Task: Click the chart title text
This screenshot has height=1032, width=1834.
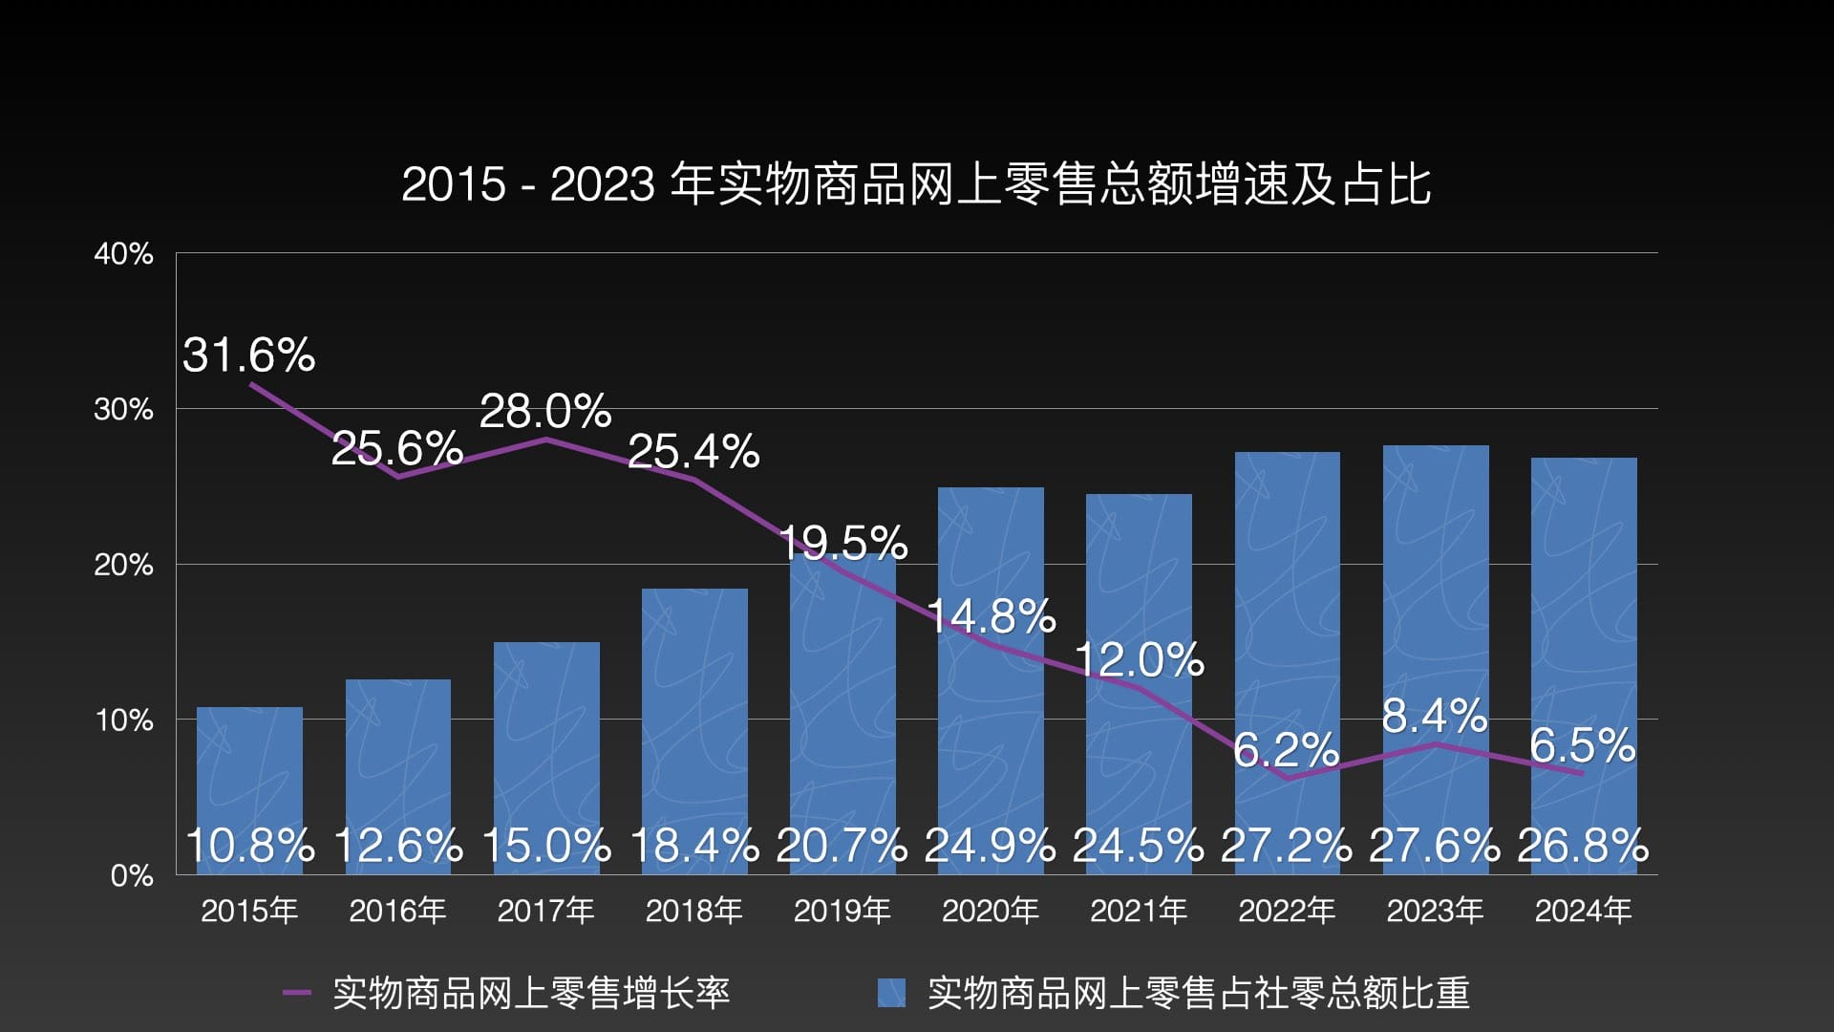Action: (916, 183)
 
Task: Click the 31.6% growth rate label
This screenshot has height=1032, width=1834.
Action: (248, 355)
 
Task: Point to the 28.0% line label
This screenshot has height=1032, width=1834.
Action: (544, 412)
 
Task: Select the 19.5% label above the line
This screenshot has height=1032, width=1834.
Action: (842, 543)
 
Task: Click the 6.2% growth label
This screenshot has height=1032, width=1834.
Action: (1286, 750)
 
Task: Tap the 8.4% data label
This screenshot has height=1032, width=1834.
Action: (1434, 716)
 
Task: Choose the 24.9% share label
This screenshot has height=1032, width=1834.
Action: (990, 846)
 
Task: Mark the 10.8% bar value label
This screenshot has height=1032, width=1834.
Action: (249, 846)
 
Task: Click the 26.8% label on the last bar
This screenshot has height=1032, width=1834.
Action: (1583, 846)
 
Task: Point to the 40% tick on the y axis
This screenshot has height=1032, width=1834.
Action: (123, 254)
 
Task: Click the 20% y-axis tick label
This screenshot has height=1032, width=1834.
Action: (123, 565)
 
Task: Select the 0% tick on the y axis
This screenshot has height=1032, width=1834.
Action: (132, 875)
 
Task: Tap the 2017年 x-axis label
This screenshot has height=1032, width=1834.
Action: (545, 911)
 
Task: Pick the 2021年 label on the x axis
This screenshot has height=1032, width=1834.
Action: (1139, 911)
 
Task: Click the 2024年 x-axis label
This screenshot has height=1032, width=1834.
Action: (1583, 911)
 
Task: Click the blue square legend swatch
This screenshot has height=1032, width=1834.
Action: (891, 993)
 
